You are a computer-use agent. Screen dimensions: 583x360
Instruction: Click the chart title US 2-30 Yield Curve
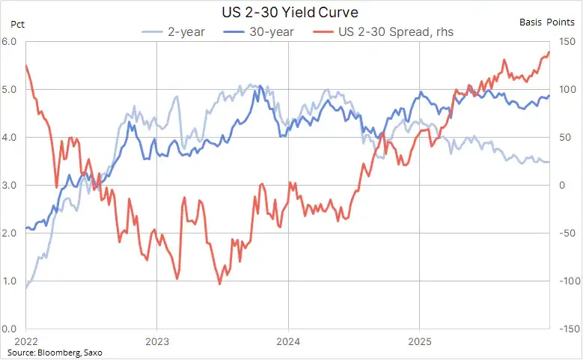(x=290, y=12)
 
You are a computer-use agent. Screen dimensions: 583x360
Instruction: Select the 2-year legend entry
(x=174, y=32)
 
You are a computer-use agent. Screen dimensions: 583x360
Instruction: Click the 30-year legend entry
(x=259, y=32)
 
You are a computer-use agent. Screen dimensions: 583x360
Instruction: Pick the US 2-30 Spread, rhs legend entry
(x=383, y=32)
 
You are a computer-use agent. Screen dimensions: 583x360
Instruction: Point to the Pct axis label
(x=17, y=25)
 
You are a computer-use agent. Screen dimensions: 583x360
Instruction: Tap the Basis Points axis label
(x=547, y=22)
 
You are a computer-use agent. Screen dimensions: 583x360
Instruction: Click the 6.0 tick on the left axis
(x=9, y=41)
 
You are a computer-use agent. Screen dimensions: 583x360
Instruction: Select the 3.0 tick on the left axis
(x=9, y=185)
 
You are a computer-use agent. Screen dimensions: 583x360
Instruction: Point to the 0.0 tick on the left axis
(x=9, y=329)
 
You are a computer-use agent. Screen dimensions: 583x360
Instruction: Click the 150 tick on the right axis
(x=567, y=41)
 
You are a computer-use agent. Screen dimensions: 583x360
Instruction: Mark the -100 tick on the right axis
(x=570, y=281)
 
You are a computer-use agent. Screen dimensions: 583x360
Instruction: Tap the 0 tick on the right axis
(x=562, y=185)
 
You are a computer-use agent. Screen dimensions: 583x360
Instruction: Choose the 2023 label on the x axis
(x=157, y=341)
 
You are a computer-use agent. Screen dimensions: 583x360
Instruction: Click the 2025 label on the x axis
(x=420, y=341)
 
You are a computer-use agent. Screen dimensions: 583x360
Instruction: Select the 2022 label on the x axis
(x=26, y=341)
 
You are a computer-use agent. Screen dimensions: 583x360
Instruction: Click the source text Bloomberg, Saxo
(x=70, y=353)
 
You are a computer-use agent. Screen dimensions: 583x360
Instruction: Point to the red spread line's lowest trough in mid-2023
(x=219, y=284)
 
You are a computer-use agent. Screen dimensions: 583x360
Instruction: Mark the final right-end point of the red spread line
(x=549, y=52)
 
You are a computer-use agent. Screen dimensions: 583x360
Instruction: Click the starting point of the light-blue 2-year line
(x=26, y=288)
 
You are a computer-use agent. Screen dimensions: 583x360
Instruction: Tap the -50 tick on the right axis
(x=568, y=234)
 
